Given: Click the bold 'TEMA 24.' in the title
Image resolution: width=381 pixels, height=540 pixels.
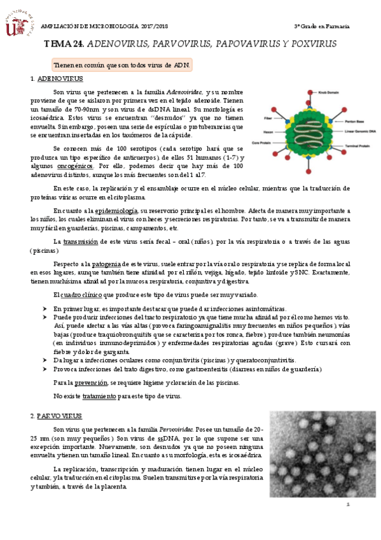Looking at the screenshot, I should (x=63, y=45).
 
